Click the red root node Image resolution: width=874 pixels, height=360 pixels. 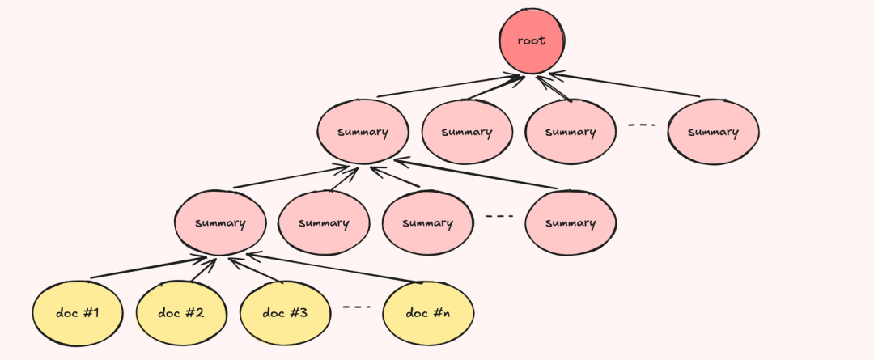(532, 41)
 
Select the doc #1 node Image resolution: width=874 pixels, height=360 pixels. (78, 312)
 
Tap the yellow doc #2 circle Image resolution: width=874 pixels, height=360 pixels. (181, 312)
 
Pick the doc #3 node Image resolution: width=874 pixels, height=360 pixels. (285, 312)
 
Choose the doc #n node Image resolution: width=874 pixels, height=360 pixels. (428, 312)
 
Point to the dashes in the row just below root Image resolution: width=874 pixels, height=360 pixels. (642, 125)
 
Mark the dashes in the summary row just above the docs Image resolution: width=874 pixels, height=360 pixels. (499, 216)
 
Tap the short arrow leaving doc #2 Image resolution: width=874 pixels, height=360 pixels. (204, 269)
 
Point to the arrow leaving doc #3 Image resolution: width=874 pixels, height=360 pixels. (256, 270)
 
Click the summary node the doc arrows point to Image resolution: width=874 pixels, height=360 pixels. (220, 222)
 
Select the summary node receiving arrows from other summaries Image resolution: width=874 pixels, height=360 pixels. (363, 132)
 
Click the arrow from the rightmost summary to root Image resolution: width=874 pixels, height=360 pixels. (625, 84)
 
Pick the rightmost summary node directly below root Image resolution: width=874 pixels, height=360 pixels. (714, 132)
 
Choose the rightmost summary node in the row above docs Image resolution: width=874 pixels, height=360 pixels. (571, 223)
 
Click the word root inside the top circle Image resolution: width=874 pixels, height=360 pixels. (532, 40)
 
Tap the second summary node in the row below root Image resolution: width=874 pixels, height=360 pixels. (467, 132)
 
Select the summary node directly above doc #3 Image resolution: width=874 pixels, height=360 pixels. (324, 223)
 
